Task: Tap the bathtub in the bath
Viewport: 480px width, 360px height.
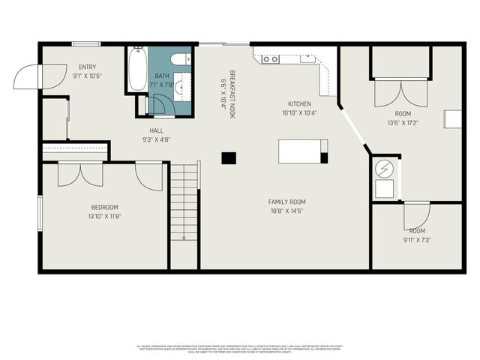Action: pos(136,70)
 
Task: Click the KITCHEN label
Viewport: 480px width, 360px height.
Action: pos(299,103)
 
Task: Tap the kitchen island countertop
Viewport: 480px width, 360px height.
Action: pos(301,151)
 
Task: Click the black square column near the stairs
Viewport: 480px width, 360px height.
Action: pos(229,157)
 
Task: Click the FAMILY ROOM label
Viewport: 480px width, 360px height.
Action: pos(286,202)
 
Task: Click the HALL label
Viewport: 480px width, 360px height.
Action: pos(156,130)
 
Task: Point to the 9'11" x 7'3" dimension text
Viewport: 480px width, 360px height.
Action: pos(417,240)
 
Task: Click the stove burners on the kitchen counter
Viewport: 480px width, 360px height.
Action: pos(271,58)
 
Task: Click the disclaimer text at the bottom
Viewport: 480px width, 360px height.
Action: pos(240,349)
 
